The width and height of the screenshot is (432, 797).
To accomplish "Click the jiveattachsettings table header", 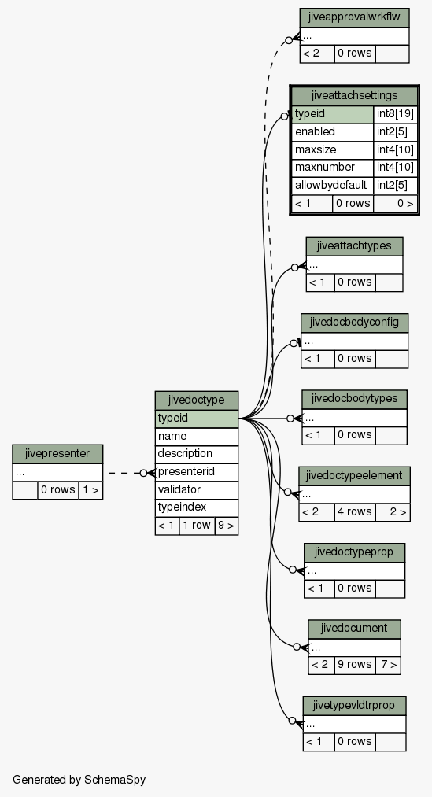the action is (x=354, y=95).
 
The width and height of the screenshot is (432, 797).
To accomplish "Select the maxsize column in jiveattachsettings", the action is (x=332, y=149).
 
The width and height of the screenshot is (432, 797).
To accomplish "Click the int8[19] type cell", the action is (x=395, y=114).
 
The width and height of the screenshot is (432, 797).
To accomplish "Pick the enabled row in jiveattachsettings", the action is (x=332, y=131).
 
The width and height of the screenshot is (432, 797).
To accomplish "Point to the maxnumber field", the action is (x=332, y=168).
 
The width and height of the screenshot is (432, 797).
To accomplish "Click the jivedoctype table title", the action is (x=197, y=400).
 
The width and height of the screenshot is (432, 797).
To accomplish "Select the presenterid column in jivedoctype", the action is (x=197, y=472).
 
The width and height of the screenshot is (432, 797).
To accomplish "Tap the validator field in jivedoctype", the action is (x=197, y=489).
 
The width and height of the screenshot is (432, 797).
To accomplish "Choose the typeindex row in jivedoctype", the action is (x=197, y=507).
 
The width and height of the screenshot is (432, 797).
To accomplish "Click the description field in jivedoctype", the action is (x=197, y=454).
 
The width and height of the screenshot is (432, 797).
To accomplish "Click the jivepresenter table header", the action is (x=57, y=454).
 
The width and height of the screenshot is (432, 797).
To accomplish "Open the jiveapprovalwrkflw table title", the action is (x=354, y=18).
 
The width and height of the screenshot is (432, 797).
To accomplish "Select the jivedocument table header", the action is (x=354, y=629).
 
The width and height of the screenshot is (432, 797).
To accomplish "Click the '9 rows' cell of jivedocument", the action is (x=355, y=665).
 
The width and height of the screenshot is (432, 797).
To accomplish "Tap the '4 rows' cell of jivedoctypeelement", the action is (x=355, y=512).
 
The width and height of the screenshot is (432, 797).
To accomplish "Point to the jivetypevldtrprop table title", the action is (x=354, y=706).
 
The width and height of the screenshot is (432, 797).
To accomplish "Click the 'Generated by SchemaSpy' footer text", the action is (x=79, y=780).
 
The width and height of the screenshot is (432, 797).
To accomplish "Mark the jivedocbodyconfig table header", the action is (x=354, y=323).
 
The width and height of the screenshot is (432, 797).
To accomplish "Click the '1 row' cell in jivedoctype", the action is (x=197, y=526).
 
